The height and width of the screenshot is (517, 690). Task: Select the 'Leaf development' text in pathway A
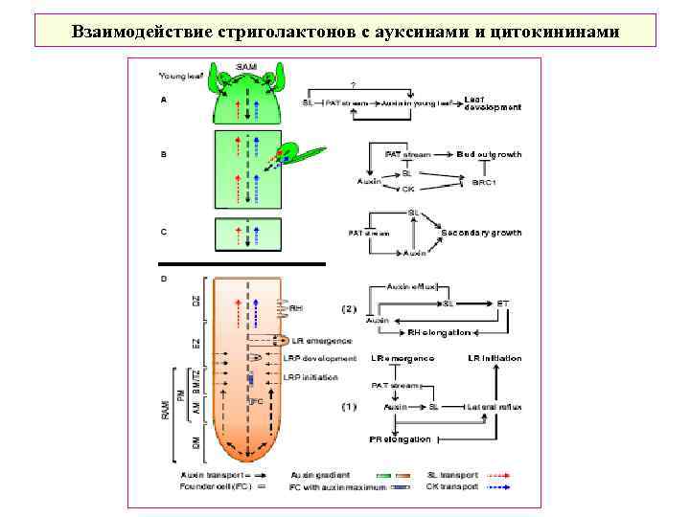point(493,103)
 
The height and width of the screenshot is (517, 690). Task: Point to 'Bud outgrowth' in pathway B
point(489,154)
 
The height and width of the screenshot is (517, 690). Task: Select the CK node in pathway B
point(407,189)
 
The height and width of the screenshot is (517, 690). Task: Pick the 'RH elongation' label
point(439,333)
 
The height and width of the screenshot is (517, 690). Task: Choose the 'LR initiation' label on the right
point(494,358)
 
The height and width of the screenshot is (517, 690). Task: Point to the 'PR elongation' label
point(402,438)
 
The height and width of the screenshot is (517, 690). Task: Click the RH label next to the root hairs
point(296,308)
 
